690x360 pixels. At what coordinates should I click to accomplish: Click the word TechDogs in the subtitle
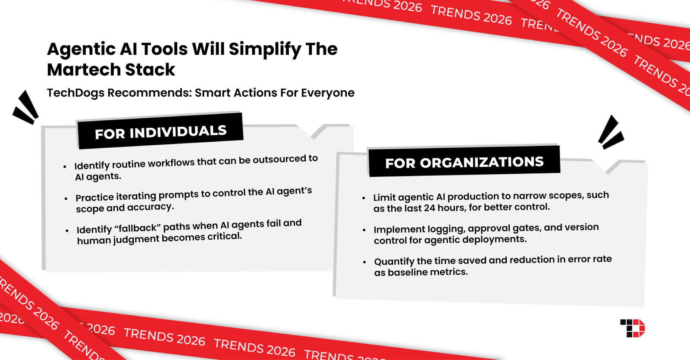click(x=75, y=93)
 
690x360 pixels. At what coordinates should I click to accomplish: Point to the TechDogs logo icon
click(x=633, y=328)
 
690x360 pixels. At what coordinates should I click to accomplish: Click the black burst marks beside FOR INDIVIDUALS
click(x=26, y=108)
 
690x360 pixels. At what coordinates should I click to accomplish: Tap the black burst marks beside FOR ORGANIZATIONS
click(x=610, y=133)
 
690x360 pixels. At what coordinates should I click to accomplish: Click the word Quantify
click(x=394, y=261)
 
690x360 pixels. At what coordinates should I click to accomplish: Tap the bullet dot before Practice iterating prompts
click(x=66, y=199)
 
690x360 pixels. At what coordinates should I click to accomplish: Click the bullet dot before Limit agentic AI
click(x=364, y=198)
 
